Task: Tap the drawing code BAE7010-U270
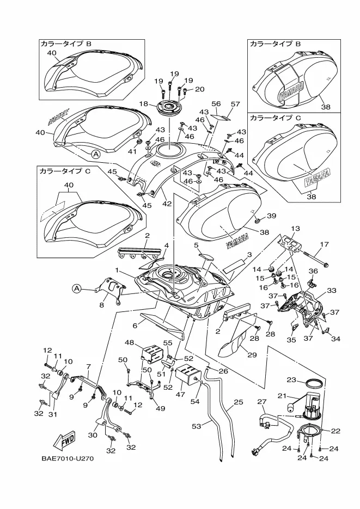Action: [x=68, y=458]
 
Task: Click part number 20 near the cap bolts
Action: [x=199, y=89]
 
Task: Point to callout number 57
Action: [x=235, y=103]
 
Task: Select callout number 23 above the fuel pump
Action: [x=291, y=379]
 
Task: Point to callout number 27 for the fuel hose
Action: [x=261, y=402]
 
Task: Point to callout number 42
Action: [x=166, y=204]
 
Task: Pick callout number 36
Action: [x=313, y=271]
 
